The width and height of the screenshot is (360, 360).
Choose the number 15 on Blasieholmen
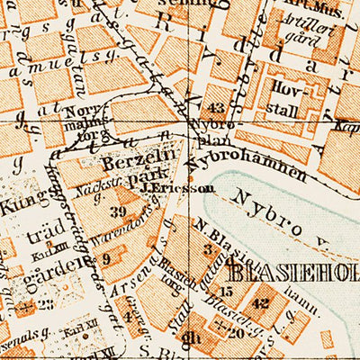tap(226, 291)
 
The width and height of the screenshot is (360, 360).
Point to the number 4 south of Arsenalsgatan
tap(128, 316)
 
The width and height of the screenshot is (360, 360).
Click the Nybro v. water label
tap(281, 208)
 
